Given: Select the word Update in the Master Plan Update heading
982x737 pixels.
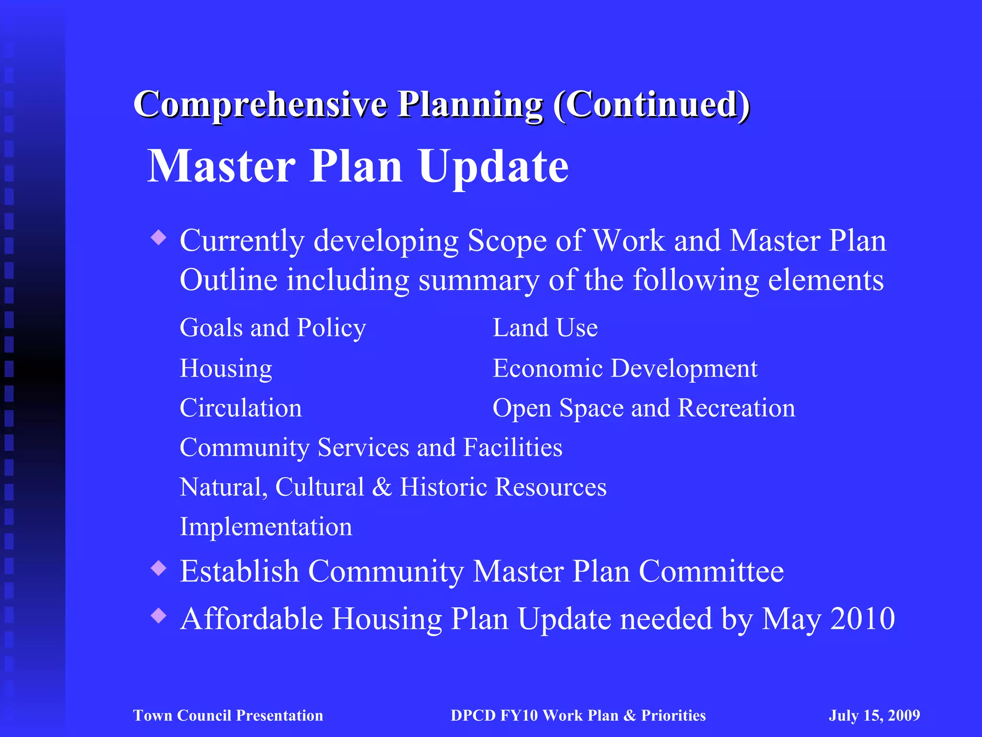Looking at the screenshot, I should coord(493,166).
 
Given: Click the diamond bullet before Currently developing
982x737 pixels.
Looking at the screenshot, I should coord(158,237).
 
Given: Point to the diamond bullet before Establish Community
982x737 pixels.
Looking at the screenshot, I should coord(158,569).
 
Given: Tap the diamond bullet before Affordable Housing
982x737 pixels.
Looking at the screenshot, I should coord(158,616).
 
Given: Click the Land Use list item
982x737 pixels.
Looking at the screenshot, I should coord(545,328).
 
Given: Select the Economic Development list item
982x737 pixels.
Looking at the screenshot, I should coord(625,368).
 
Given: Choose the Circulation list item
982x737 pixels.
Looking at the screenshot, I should coord(241,408).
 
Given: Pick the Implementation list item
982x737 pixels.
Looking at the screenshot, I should coord(266,527).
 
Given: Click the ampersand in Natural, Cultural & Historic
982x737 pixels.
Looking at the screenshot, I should coord(382,487).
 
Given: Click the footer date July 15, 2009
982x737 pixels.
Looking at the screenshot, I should coord(874,715).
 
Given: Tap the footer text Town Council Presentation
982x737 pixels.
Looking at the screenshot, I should coord(228,715).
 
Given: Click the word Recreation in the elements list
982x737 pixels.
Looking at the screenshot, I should coord(736,408).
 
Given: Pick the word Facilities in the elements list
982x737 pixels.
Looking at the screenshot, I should coord(513,448).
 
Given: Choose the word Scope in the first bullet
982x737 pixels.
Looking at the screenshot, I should coord(507,240).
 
